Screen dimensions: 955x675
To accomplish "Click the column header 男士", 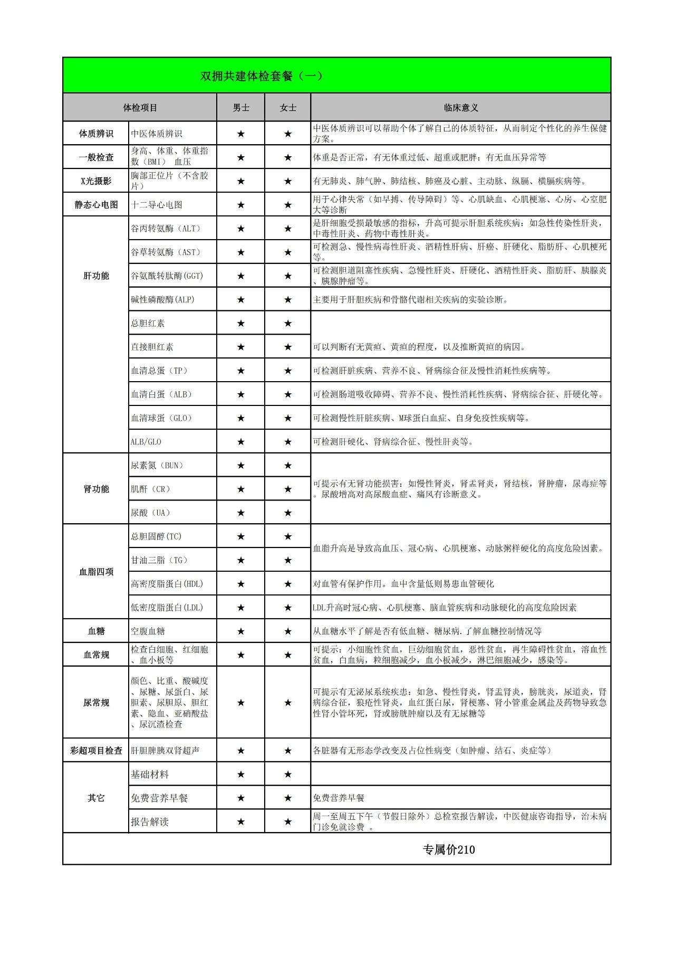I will [241, 108].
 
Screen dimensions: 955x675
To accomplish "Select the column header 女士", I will [288, 108].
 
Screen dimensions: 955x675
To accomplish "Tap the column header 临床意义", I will [461, 108].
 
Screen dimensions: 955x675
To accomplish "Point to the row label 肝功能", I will [96, 276].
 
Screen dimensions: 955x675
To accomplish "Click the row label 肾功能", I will [96, 489].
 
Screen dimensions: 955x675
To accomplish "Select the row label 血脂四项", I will [96, 572].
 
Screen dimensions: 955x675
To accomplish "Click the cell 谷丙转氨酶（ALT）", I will [166, 229].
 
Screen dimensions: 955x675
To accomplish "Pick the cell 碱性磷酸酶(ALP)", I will [163, 299].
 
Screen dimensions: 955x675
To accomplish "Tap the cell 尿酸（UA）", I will [151, 513].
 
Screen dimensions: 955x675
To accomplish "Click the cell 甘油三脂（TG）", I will [159, 560].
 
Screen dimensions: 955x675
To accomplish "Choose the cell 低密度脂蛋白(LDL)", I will [167, 608].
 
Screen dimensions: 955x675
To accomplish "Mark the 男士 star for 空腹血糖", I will [241, 631].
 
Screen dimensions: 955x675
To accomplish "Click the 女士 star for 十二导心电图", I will [288, 205].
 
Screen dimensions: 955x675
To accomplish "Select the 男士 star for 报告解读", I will [241, 822].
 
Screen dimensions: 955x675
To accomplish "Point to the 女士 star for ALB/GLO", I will [288, 442].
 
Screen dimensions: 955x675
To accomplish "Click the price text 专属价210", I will [449, 849].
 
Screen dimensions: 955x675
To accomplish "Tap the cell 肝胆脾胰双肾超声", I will [165, 750].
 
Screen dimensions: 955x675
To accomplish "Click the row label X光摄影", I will [96, 181].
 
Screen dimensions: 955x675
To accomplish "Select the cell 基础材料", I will [150, 774].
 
